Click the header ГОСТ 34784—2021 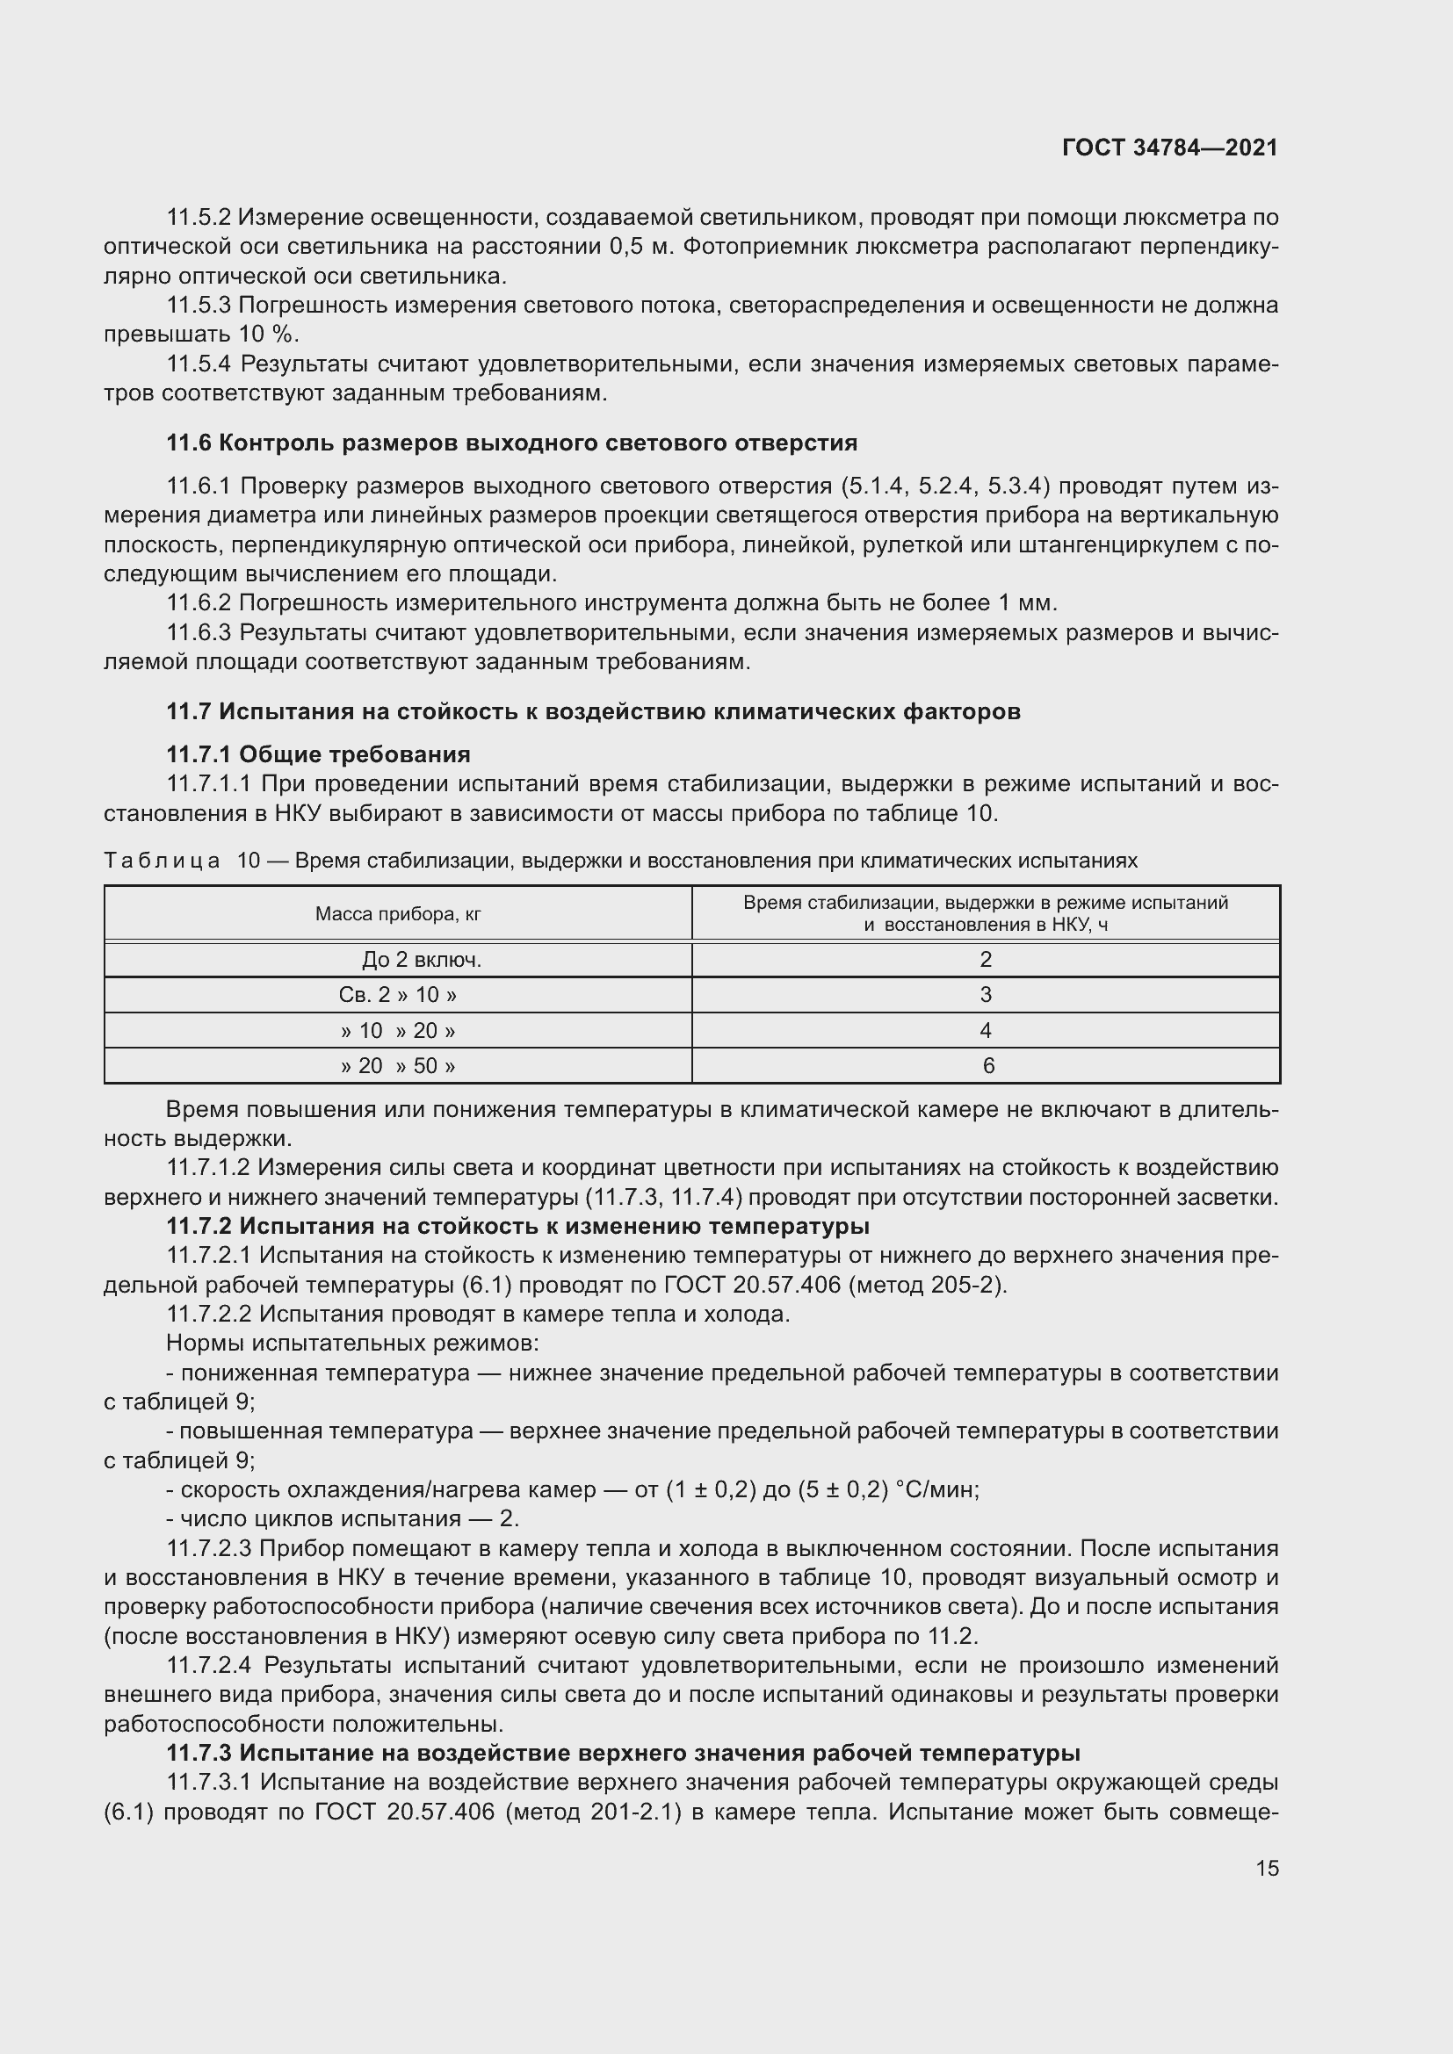(1169, 148)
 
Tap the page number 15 (1267, 1868)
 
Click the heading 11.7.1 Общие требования (319, 754)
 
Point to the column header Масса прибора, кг (398, 913)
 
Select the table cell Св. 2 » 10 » (398, 995)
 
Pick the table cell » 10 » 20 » (398, 1031)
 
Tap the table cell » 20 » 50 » (398, 1065)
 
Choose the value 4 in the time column (985, 1031)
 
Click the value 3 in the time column (985, 995)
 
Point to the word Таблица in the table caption (162, 861)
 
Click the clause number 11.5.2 (199, 218)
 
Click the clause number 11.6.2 (199, 603)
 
